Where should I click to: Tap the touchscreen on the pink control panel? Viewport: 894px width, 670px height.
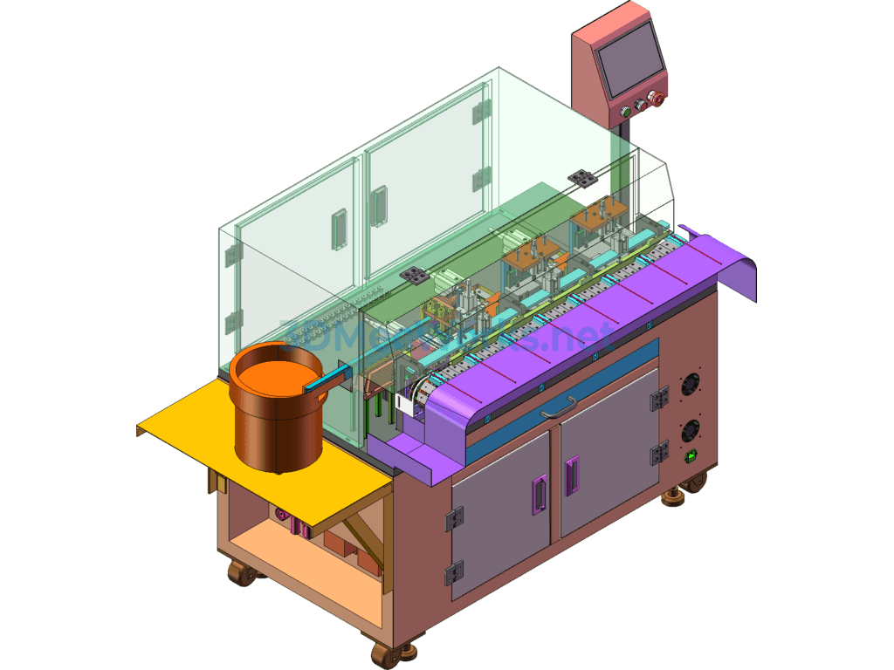[629, 59]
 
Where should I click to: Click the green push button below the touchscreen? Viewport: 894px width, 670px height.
[624, 111]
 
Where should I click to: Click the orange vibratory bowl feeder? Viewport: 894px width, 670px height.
[277, 410]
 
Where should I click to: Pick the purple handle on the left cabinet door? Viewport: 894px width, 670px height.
[540, 495]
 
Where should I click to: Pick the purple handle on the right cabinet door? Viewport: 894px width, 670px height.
[573, 475]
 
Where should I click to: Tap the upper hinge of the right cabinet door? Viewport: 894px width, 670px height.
[659, 399]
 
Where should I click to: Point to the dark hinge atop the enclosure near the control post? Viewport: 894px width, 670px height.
[581, 178]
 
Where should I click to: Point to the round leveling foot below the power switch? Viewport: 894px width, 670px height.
[674, 496]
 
